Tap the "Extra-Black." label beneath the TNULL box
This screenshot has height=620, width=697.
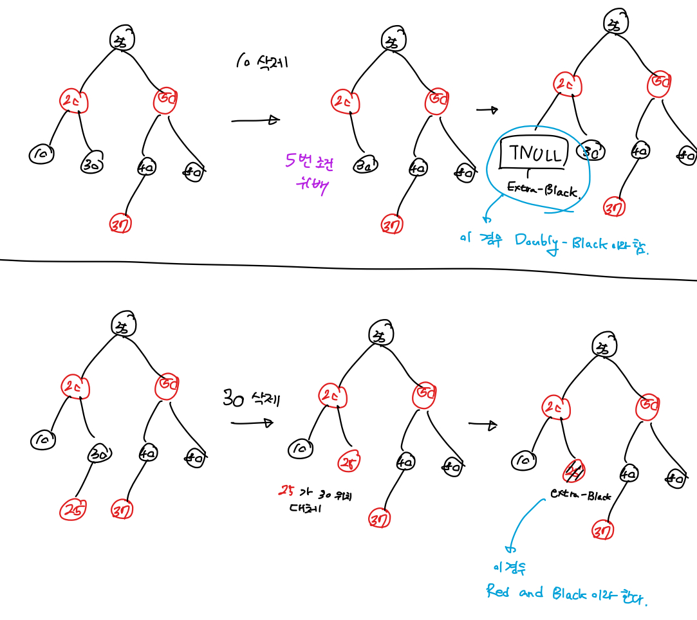click(544, 189)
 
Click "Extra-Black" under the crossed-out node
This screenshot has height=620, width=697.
click(581, 495)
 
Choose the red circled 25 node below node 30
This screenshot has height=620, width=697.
click(73, 510)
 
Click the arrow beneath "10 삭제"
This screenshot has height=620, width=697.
click(256, 120)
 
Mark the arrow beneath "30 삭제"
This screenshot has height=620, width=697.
click(252, 423)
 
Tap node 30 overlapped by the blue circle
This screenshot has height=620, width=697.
click(591, 151)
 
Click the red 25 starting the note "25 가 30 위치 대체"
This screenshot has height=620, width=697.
click(281, 492)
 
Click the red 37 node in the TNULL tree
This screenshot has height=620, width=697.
click(614, 208)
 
